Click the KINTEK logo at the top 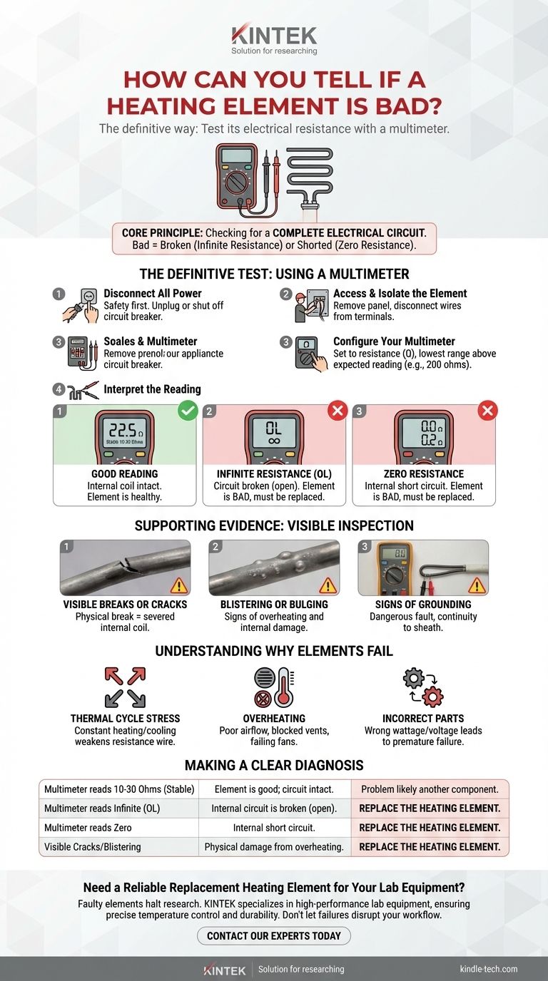[x=274, y=36]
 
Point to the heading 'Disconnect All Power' [x=152, y=293]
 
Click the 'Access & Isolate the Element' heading [x=400, y=293]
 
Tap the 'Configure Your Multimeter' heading [x=394, y=341]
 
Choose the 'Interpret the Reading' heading [x=152, y=389]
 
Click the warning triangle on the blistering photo [x=328, y=585]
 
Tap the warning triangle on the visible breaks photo [x=178, y=585]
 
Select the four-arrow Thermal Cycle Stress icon [x=125, y=687]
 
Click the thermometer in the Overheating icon [x=287, y=686]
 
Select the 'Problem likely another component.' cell [x=430, y=789]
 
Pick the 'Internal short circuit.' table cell [x=273, y=828]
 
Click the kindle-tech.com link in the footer [x=489, y=969]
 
